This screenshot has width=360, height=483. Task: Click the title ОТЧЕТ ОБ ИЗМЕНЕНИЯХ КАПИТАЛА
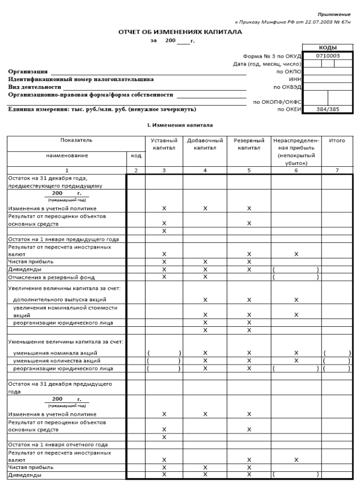click(180, 32)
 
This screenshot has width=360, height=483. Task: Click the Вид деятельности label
click(34, 87)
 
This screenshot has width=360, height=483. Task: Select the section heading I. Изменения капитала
click(176, 126)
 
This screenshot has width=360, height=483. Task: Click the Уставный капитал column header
click(164, 145)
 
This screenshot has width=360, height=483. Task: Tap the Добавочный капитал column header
click(205, 145)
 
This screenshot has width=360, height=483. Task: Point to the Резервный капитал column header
click(248, 145)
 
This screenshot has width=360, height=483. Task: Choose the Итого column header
click(337, 141)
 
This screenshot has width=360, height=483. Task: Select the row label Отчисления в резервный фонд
click(51, 277)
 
